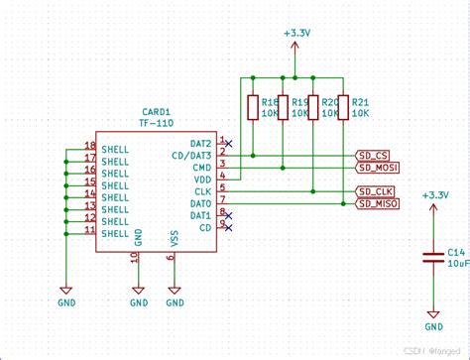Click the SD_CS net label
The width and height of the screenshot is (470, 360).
(374, 156)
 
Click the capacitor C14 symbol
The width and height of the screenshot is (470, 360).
(433, 257)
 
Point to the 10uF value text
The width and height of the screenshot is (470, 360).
(457, 264)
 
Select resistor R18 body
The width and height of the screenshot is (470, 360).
(254, 105)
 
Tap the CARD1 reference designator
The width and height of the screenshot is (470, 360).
(155, 112)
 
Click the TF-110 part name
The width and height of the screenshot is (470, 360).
(157, 123)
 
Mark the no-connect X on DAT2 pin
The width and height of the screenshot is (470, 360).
(229, 144)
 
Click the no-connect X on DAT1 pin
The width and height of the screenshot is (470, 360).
(229, 215)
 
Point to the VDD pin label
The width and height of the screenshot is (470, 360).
(201, 180)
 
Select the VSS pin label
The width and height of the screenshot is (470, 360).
(175, 239)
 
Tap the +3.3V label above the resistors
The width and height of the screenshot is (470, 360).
(295, 33)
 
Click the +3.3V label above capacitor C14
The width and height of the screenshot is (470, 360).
(434, 195)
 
